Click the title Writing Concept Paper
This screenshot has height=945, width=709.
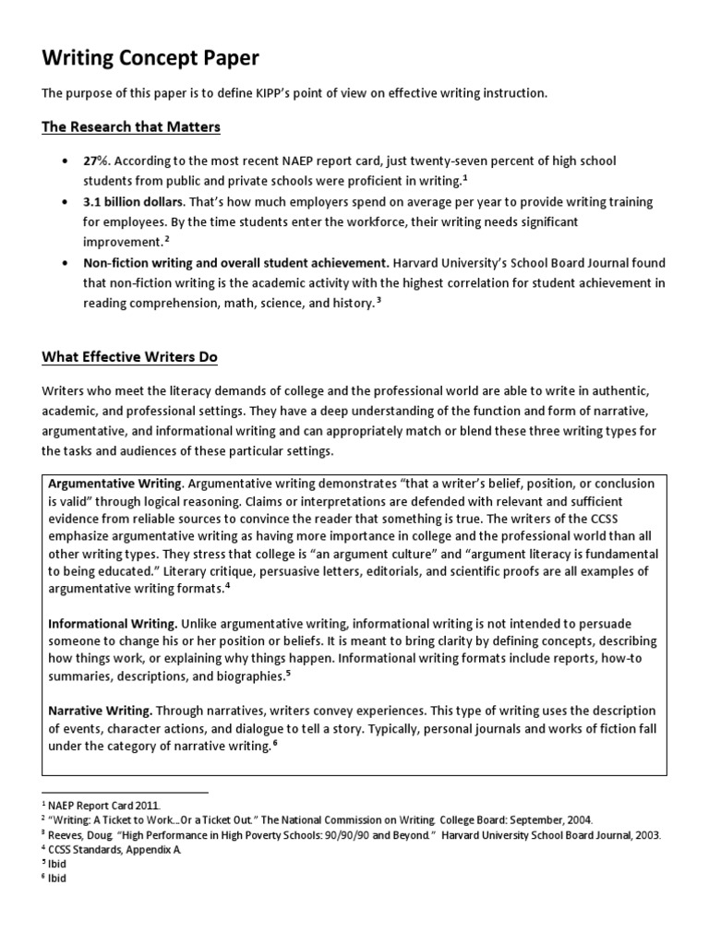[x=150, y=58]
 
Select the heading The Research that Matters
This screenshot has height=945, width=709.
[x=131, y=126]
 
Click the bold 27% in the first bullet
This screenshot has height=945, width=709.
[x=97, y=161]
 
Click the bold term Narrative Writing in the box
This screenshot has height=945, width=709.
[x=100, y=711]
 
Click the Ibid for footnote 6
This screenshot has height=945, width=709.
[x=57, y=879]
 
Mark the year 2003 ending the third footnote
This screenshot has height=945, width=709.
[x=648, y=835]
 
